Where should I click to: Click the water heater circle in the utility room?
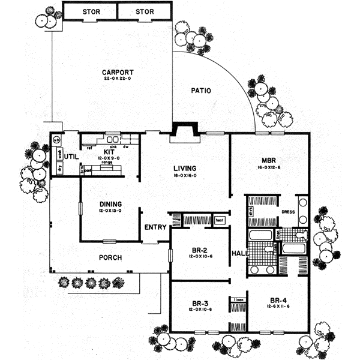56,140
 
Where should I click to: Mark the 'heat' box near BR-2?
219,220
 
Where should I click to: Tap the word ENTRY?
155,227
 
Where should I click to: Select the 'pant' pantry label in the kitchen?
88,170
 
